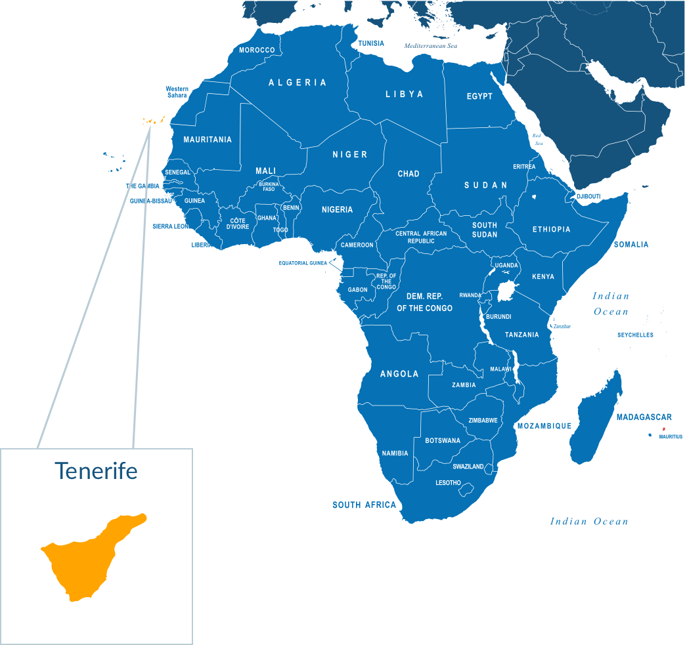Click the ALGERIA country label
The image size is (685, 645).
click(298, 83)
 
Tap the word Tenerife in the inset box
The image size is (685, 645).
click(96, 470)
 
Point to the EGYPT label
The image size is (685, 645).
click(479, 96)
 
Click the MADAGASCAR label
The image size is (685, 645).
click(644, 417)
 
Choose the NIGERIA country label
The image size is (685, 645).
click(337, 210)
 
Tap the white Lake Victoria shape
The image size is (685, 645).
click(506, 291)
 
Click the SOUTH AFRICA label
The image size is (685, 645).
click(364, 505)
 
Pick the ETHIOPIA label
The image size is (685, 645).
click(551, 230)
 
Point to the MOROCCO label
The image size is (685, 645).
click(257, 51)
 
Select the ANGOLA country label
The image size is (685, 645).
click(399, 374)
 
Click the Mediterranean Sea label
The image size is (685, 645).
click(430, 47)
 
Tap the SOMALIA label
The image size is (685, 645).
click(631, 245)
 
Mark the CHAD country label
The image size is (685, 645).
click(408, 174)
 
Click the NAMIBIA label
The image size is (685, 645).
click(395, 453)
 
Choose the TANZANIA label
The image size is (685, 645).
click(521, 335)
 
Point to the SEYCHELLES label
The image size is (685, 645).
click(635, 335)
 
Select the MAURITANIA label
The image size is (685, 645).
click(208, 140)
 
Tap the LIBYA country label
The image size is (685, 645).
click(404, 94)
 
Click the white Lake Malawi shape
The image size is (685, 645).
click(516, 367)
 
